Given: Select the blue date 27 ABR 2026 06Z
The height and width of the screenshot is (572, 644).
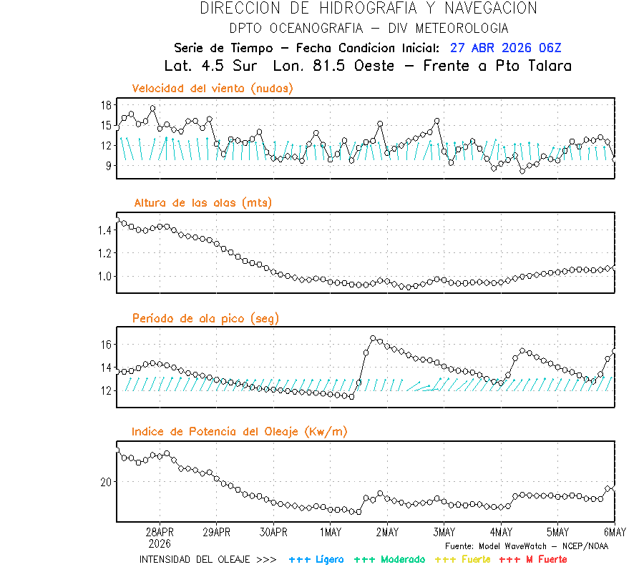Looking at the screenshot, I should pyautogui.click(x=506, y=48).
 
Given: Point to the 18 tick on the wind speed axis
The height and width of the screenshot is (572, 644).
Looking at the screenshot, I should pyautogui.click(x=106, y=105).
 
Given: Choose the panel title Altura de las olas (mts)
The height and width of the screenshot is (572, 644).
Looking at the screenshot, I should pyautogui.click(x=202, y=203).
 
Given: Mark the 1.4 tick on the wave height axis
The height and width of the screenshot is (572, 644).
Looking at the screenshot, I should pyautogui.click(x=103, y=230).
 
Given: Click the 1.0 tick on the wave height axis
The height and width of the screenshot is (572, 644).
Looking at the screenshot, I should pyautogui.click(x=103, y=276).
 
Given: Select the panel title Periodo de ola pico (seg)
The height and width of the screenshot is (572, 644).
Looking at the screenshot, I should pyautogui.click(x=205, y=318).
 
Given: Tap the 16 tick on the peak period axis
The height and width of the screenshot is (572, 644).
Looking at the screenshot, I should pyautogui.click(x=106, y=345).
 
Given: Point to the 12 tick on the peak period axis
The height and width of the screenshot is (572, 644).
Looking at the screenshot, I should pyautogui.click(x=106, y=390).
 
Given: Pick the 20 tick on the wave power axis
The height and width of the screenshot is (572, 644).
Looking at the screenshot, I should pyautogui.click(x=106, y=482).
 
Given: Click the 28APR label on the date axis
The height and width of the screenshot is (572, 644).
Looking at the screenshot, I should pyautogui.click(x=160, y=533).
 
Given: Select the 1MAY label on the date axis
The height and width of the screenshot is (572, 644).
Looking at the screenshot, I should pyautogui.click(x=330, y=533).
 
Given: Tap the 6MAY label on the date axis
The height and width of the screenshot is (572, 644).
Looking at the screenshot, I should pyautogui.click(x=615, y=533).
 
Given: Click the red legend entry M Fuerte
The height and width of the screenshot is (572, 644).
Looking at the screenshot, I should pyautogui.click(x=544, y=559).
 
